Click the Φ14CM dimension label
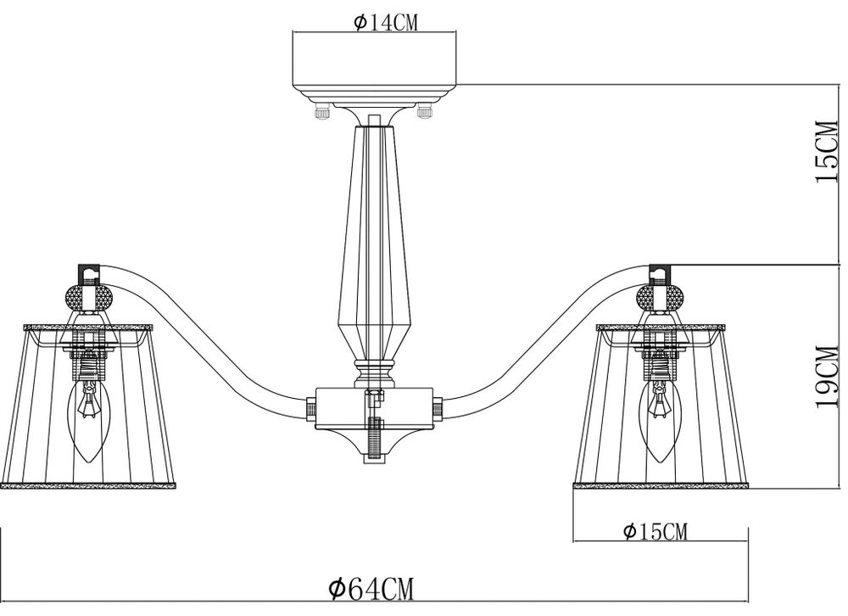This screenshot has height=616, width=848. (x=386, y=23)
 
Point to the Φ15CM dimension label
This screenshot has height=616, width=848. (x=655, y=533)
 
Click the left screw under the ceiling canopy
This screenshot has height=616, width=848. (x=321, y=110)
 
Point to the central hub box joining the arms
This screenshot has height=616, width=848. (x=373, y=409)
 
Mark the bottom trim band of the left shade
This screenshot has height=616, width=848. (x=88, y=486)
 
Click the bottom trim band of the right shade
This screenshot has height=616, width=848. (x=661, y=486)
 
